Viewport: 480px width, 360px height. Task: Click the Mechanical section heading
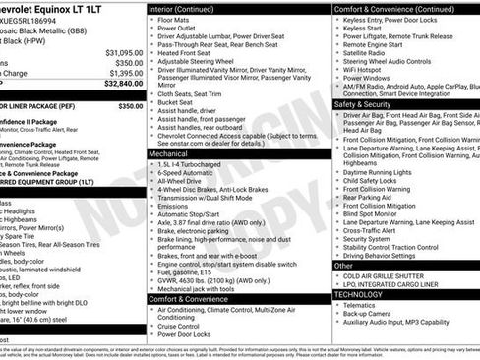(x=170, y=153)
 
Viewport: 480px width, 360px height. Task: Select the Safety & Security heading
(x=366, y=103)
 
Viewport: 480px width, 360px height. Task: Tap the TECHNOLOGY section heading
(x=359, y=293)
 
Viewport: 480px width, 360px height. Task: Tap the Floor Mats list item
(x=176, y=19)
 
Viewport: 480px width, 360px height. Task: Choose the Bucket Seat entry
(x=179, y=101)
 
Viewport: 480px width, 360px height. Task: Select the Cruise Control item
(x=184, y=324)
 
